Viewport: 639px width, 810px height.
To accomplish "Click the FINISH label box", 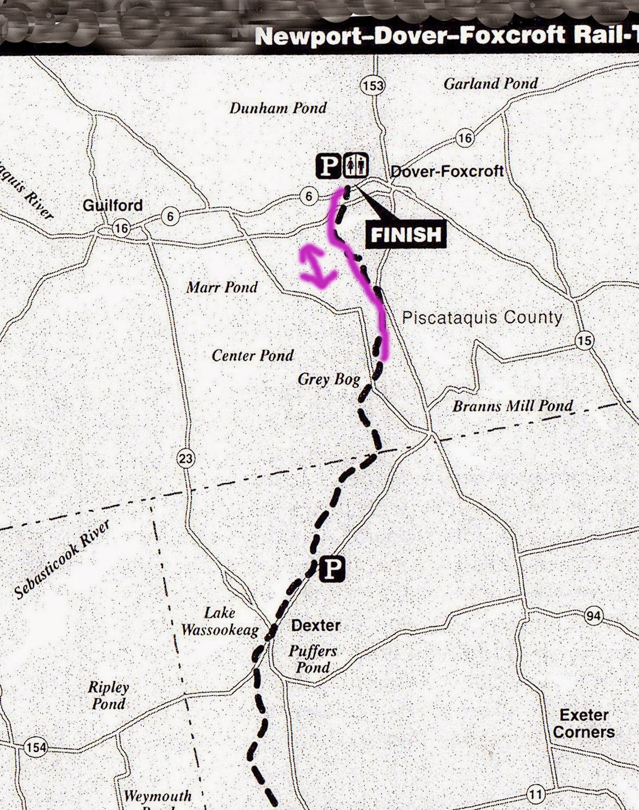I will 406,235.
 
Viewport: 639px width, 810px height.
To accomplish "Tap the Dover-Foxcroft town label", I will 446,171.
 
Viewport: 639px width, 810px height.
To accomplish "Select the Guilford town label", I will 112,206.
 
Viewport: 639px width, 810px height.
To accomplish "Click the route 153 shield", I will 373,86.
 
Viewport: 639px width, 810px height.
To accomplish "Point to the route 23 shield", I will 186,458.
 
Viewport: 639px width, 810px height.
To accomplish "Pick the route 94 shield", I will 593,616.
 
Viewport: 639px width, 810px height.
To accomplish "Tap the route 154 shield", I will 36,747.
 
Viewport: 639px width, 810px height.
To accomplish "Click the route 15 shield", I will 585,341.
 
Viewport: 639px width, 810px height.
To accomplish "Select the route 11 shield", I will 536,793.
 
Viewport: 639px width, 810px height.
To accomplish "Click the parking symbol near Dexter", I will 332,569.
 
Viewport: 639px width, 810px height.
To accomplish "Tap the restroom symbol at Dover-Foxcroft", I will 356,166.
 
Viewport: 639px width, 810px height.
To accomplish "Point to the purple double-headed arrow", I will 316,267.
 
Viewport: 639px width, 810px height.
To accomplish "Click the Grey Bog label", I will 329,379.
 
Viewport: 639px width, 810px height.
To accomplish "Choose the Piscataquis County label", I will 482,318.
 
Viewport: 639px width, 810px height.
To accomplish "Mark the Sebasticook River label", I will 62,559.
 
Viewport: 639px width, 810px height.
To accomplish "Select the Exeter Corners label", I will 584,723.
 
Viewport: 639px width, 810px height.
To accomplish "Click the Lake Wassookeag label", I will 219,621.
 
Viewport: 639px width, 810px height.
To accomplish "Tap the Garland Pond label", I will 490,84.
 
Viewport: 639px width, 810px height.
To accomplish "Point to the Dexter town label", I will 315,625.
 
